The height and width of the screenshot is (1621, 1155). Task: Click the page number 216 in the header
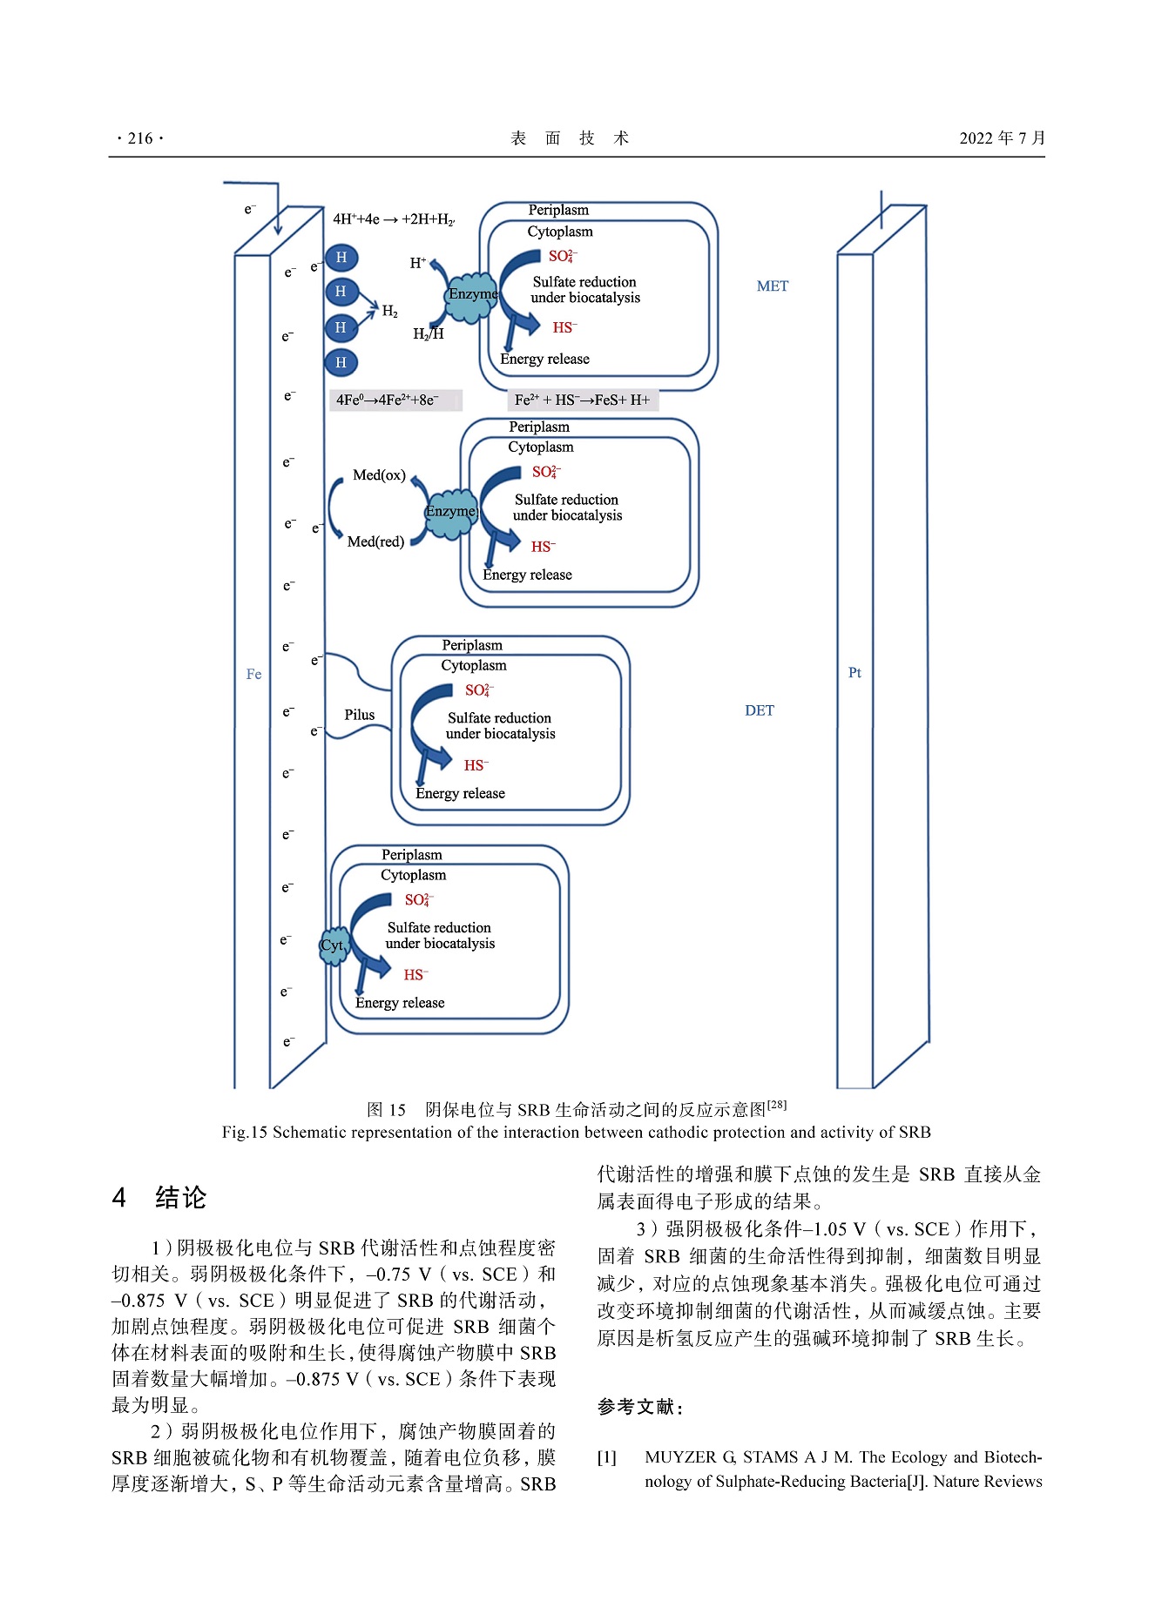(139, 138)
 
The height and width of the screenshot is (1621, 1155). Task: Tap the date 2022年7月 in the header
(1002, 138)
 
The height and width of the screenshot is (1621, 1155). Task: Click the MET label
(772, 286)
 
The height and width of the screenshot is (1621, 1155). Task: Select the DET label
(759, 710)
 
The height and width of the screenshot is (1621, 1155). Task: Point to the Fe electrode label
(253, 674)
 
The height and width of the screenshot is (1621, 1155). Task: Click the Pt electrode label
(854, 673)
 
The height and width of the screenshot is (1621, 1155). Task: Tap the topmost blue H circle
(341, 258)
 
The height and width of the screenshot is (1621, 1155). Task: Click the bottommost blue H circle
(341, 362)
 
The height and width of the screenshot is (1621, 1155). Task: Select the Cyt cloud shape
(333, 946)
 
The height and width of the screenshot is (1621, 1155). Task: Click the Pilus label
(359, 715)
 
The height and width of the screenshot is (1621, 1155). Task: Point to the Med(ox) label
(379, 475)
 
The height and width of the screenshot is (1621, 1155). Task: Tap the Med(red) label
(375, 541)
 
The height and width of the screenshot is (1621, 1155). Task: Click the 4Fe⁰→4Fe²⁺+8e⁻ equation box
(395, 400)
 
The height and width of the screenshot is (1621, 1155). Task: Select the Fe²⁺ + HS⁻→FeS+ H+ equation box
(582, 400)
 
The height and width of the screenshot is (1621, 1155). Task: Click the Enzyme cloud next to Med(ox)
(451, 513)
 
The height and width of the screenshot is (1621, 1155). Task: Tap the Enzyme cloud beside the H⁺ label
(472, 295)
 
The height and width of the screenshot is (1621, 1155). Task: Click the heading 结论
(180, 1198)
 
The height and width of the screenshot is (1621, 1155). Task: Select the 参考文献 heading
(640, 1407)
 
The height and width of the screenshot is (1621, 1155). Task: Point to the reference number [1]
(606, 1457)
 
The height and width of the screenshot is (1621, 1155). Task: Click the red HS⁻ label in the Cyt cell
(415, 975)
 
